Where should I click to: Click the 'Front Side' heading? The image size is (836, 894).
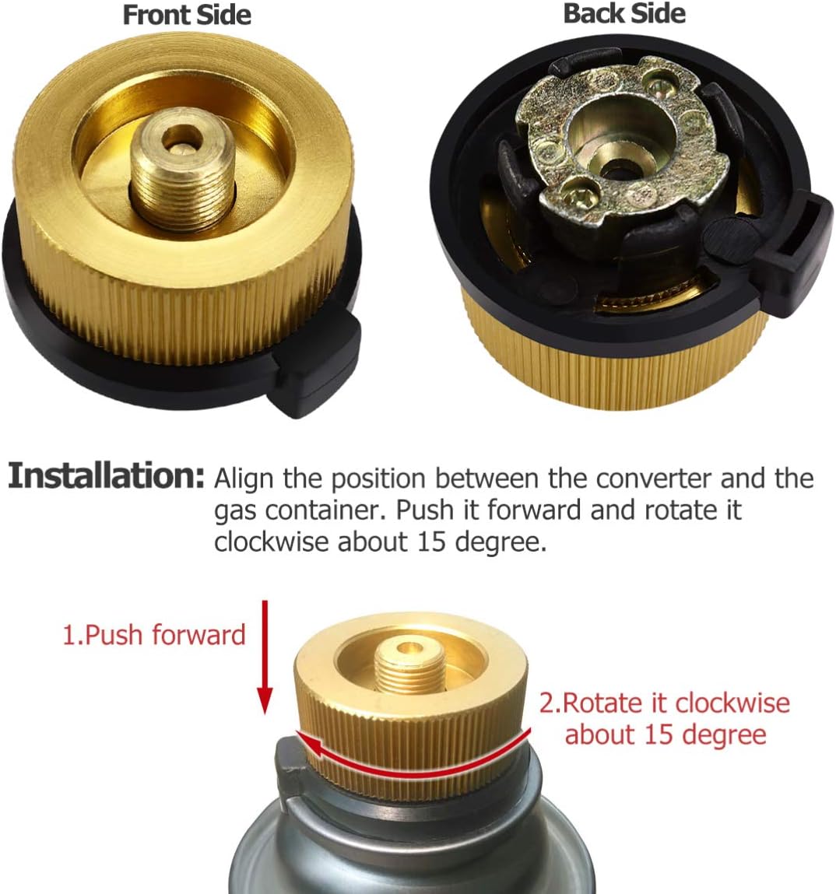[187, 15]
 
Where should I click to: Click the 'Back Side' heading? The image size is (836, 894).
[624, 13]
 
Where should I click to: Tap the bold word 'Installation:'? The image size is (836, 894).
[107, 475]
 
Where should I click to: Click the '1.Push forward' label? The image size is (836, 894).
[153, 634]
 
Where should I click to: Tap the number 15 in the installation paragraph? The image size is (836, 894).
[434, 542]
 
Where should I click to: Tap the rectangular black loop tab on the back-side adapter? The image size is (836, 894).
[797, 241]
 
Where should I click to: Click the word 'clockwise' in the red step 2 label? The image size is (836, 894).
[732, 703]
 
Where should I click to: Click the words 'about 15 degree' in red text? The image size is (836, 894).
[666, 734]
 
